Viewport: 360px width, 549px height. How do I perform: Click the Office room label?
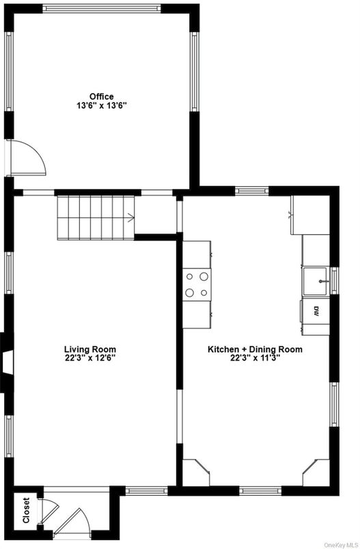[x=101, y=96]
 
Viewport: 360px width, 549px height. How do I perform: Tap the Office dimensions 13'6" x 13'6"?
[x=101, y=106]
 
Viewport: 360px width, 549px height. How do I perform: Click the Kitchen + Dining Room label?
[x=255, y=349]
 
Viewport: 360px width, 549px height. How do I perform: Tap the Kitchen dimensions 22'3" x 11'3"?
[x=255, y=358]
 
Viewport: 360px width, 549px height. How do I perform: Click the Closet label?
[x=26, y=510]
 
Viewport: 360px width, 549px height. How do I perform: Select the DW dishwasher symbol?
[x=316, y=312]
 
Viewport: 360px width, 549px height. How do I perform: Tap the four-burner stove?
[x=197, y=284]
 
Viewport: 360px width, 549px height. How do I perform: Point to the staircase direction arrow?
[x=130, y=219]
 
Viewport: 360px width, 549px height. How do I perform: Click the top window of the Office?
[x=101, y=8]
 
